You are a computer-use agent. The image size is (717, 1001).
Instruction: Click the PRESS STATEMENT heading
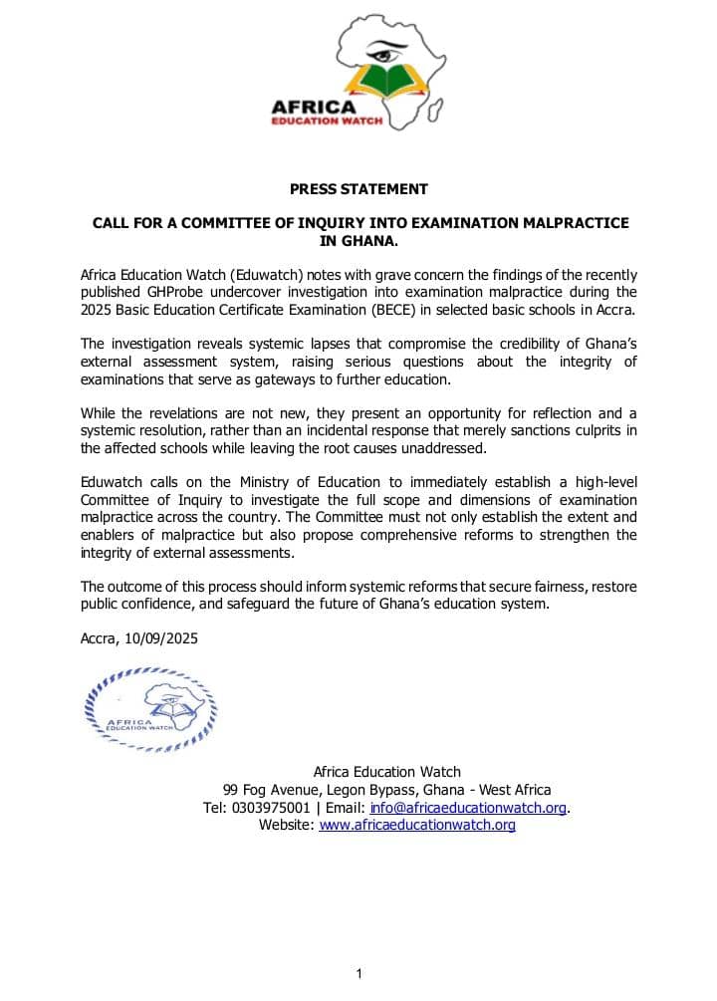(x=358, y=189)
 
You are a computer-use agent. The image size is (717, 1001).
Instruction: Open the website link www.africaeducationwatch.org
(x=417, y=825)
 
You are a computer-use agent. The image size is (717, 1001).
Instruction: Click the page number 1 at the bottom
(x=358, y=974)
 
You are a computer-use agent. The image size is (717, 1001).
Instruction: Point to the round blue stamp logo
(x=149, y=708)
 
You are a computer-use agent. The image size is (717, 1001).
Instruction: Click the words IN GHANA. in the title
(x=358, y=240)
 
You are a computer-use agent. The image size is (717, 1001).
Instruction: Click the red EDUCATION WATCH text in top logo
(x=314, y=122)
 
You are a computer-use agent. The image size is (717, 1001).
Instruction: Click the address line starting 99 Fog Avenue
(x=386, y=790)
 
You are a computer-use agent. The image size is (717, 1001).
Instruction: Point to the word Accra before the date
(x=99, y=638)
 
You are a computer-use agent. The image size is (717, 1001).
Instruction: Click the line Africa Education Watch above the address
(x=386, y=772)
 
